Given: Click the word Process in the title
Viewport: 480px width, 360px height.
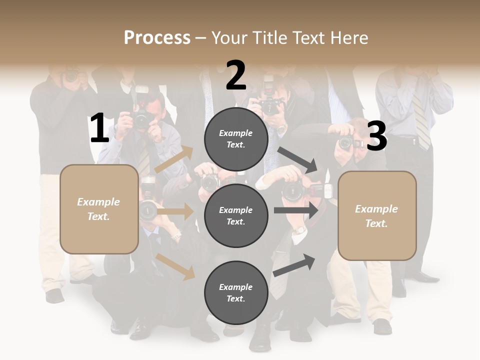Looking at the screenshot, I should point(157,38).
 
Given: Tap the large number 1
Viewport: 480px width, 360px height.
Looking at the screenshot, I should point(99,128).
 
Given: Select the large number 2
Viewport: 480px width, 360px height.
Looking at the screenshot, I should point(236,75).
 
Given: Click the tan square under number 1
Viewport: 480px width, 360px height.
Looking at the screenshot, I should point(99,209).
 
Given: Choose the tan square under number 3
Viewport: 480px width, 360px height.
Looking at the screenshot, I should point(377,216).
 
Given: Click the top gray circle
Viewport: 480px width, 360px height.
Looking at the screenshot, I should point(236,139).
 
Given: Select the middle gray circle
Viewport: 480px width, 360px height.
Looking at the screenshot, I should point(236,216).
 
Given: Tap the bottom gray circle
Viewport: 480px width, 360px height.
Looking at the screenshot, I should point(236,293).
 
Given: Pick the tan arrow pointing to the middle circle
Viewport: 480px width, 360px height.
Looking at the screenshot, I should point(175,211).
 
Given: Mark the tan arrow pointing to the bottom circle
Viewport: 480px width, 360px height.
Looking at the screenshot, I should point(175,266).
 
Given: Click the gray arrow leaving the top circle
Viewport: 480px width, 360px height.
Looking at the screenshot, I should point(297,159).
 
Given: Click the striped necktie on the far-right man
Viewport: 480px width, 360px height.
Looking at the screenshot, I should point(421,120).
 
